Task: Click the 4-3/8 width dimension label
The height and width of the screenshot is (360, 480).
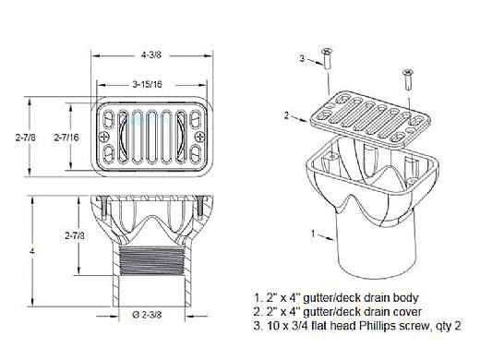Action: tap(151, 55)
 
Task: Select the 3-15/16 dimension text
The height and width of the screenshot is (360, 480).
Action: tap(147, 84)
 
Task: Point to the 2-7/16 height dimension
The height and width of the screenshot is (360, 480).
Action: tap(66, 138)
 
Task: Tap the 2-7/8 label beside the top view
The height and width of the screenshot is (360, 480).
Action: tap(26, 138)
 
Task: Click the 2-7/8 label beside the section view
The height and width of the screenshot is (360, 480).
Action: tap(75, 235)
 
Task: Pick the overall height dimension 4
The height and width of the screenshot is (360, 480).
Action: tap(32, 251)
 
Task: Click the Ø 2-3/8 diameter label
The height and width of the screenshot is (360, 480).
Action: tap(147, 315)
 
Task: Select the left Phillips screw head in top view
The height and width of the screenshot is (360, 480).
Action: tap(104, 137)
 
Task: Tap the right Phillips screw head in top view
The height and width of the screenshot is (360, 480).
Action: tap(200, 137)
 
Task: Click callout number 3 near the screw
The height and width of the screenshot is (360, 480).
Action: tap(302, 58)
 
